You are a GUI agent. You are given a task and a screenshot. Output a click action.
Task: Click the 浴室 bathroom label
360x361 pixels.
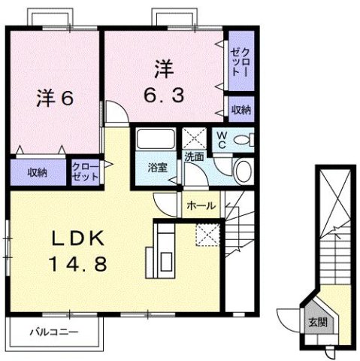click(x=156, y=168)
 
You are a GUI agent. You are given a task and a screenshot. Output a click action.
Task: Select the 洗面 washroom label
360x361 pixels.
click(x=195, y=157)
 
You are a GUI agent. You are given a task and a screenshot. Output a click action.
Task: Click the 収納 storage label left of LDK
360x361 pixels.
click(x=38, y=172)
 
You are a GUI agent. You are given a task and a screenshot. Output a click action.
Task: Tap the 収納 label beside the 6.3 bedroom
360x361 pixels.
click(x=241, y=110)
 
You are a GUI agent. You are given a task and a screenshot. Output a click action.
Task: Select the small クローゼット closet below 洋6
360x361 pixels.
click(x=85, y=172)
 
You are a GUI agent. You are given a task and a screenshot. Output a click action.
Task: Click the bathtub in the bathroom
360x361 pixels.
click(x=156, y=141)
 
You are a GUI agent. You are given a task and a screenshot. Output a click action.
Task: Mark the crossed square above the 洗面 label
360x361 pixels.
click(x=193, y=138)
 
